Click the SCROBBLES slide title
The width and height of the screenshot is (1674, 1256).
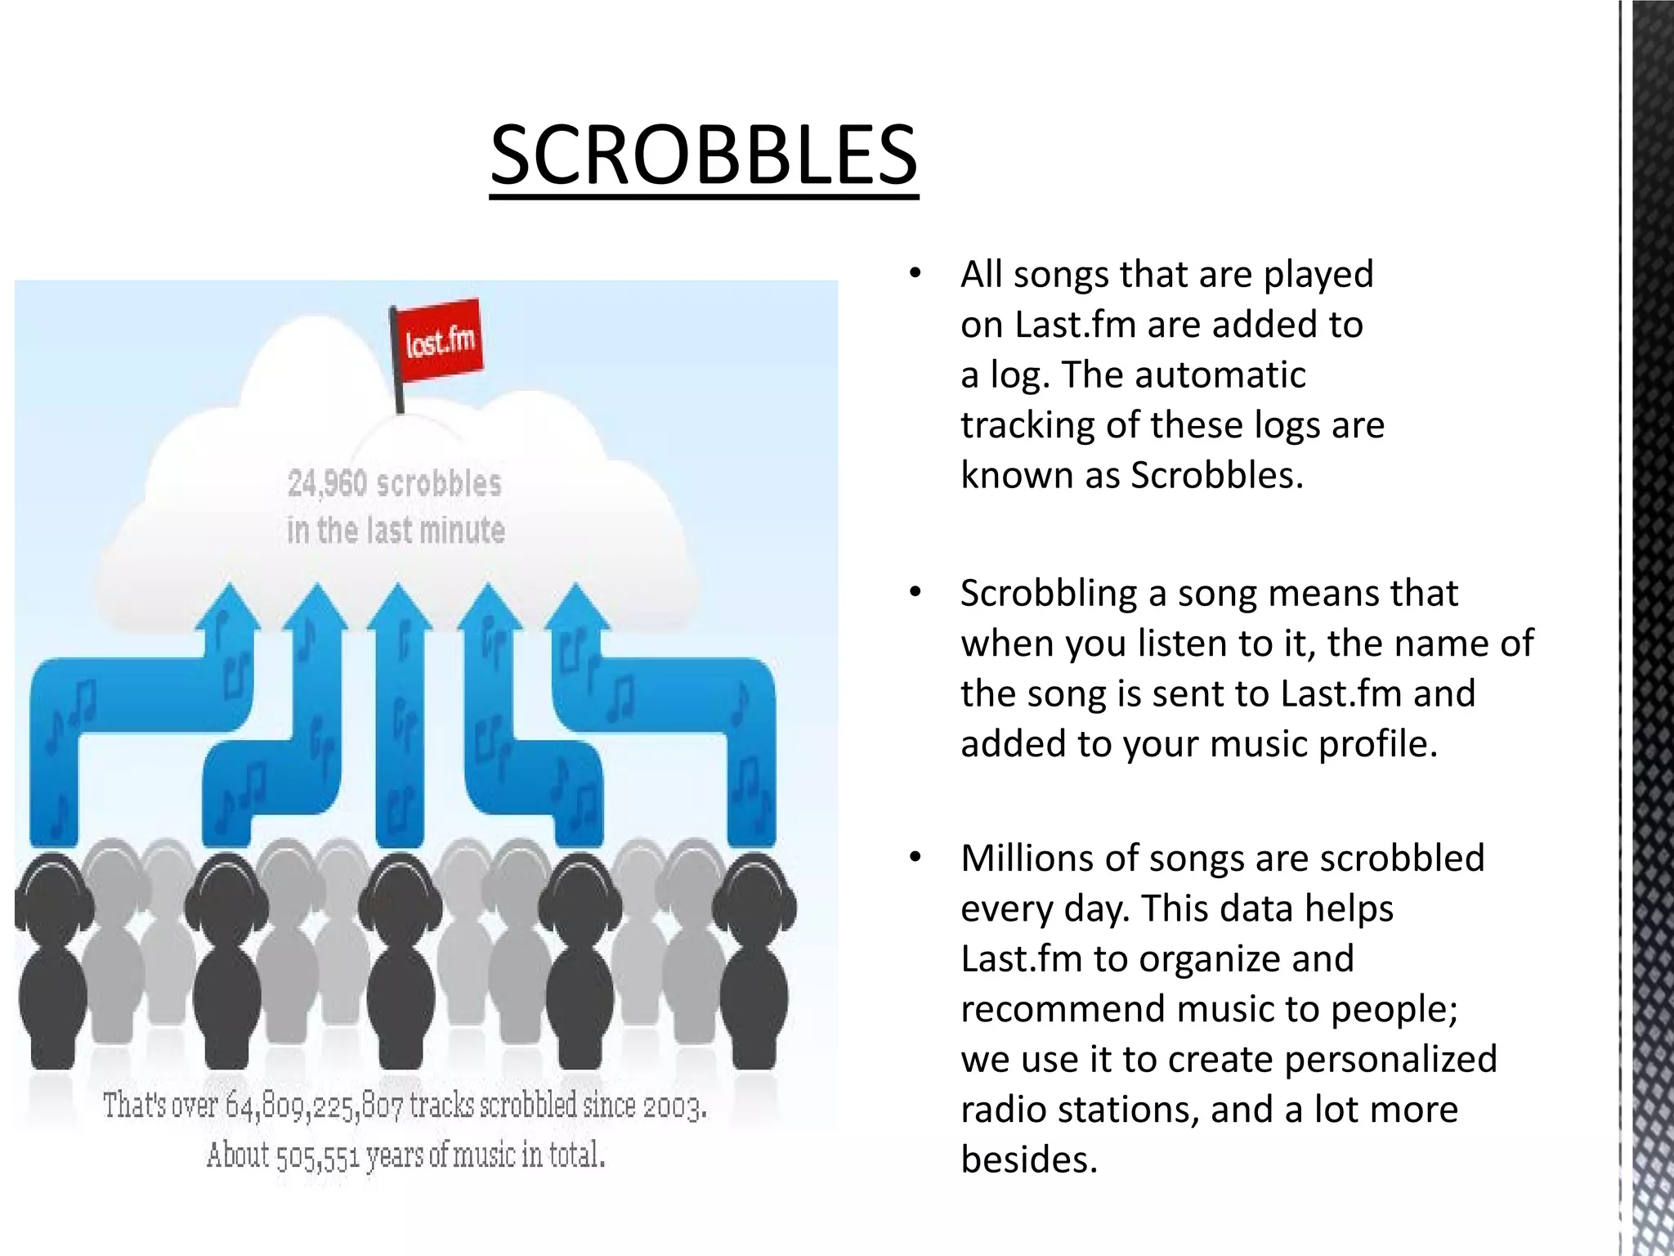point(704,155)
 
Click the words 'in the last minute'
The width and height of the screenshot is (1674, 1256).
point(396,531)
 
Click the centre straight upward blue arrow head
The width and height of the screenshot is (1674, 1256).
point(399,609)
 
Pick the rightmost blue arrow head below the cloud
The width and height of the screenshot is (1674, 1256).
point(577,609)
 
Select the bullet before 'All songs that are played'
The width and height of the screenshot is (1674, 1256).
point(915,274)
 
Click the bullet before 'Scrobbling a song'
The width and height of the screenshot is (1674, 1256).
point(915,593)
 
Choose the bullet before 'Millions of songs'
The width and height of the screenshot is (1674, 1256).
point(915,858)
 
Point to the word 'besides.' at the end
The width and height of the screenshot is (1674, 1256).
point(1029,1160)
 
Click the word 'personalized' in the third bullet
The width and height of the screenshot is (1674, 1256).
point(1390,1059)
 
